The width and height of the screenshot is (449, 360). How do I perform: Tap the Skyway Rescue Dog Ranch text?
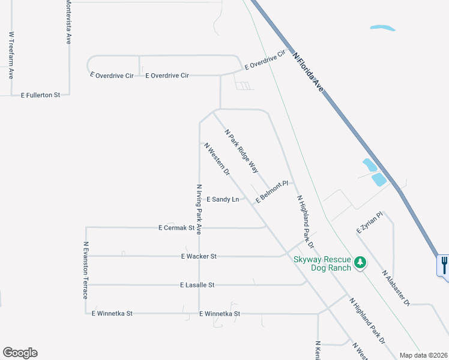tap(322, 263)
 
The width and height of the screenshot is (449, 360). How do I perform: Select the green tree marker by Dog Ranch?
tap(360, 262)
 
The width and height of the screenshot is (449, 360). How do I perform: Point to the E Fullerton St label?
tap(41, 95)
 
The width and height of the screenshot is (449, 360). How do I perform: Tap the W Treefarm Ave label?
tap(11, 55)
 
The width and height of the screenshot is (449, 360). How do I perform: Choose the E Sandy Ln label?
tap(223, 199)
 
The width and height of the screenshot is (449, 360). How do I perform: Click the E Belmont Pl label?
tap(272, 191)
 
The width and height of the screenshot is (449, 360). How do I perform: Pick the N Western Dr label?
tap(217, 159)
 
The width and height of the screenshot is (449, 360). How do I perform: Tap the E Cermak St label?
tap(176, 228)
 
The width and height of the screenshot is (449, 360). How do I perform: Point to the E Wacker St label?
tap(198, 256)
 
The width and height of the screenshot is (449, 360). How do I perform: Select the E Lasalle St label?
tap(197, 285)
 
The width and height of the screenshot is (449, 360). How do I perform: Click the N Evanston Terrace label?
tap(86, 270)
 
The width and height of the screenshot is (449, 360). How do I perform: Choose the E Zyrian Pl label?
tap(369, 222)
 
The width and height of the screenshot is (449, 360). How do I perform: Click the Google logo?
tap(20, 353)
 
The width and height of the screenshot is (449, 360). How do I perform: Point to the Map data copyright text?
tap(424, 355)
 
